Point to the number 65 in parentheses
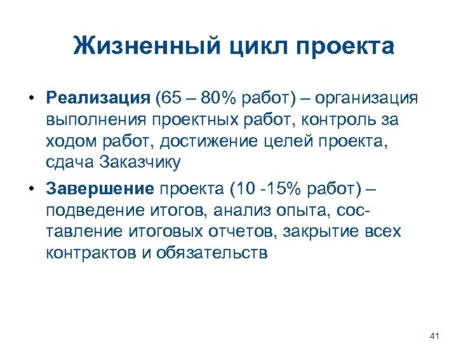(171, 98)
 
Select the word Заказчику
(140, 162)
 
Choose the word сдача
(70, 162)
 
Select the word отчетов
(242, 231)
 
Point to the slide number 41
(435, 336)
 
